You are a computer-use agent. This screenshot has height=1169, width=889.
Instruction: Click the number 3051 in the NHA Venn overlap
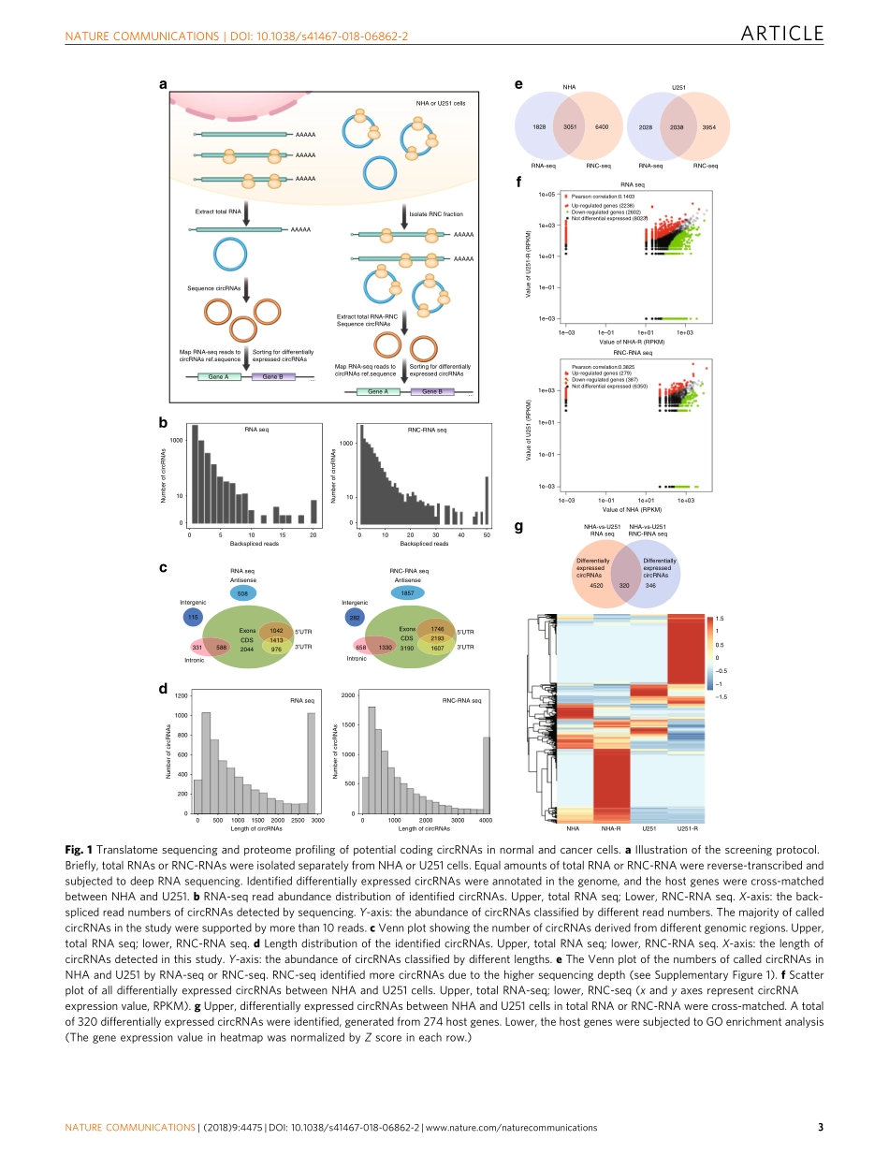[x=569, y=126]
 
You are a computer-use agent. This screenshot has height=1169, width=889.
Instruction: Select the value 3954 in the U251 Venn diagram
[x=708, y=126]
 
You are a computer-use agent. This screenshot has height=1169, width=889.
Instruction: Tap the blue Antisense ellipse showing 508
[x=242, y=593]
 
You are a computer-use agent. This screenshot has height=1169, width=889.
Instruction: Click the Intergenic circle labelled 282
[x=355, y=618]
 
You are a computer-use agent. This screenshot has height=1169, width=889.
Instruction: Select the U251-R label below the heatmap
[x=688, y=828]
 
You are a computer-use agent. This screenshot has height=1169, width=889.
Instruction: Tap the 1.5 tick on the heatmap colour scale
[x=721, y=619]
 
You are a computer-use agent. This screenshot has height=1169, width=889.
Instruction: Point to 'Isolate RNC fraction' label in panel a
[x=436, y=214]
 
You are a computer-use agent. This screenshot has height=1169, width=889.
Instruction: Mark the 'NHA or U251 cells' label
[x=441, y=103]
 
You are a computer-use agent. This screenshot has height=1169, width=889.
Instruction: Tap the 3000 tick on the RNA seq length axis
[x=317, y=820]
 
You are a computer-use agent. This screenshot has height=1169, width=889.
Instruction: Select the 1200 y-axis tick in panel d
[x=182, y=696]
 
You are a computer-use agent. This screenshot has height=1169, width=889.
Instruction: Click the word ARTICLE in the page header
[x=781, y=35]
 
